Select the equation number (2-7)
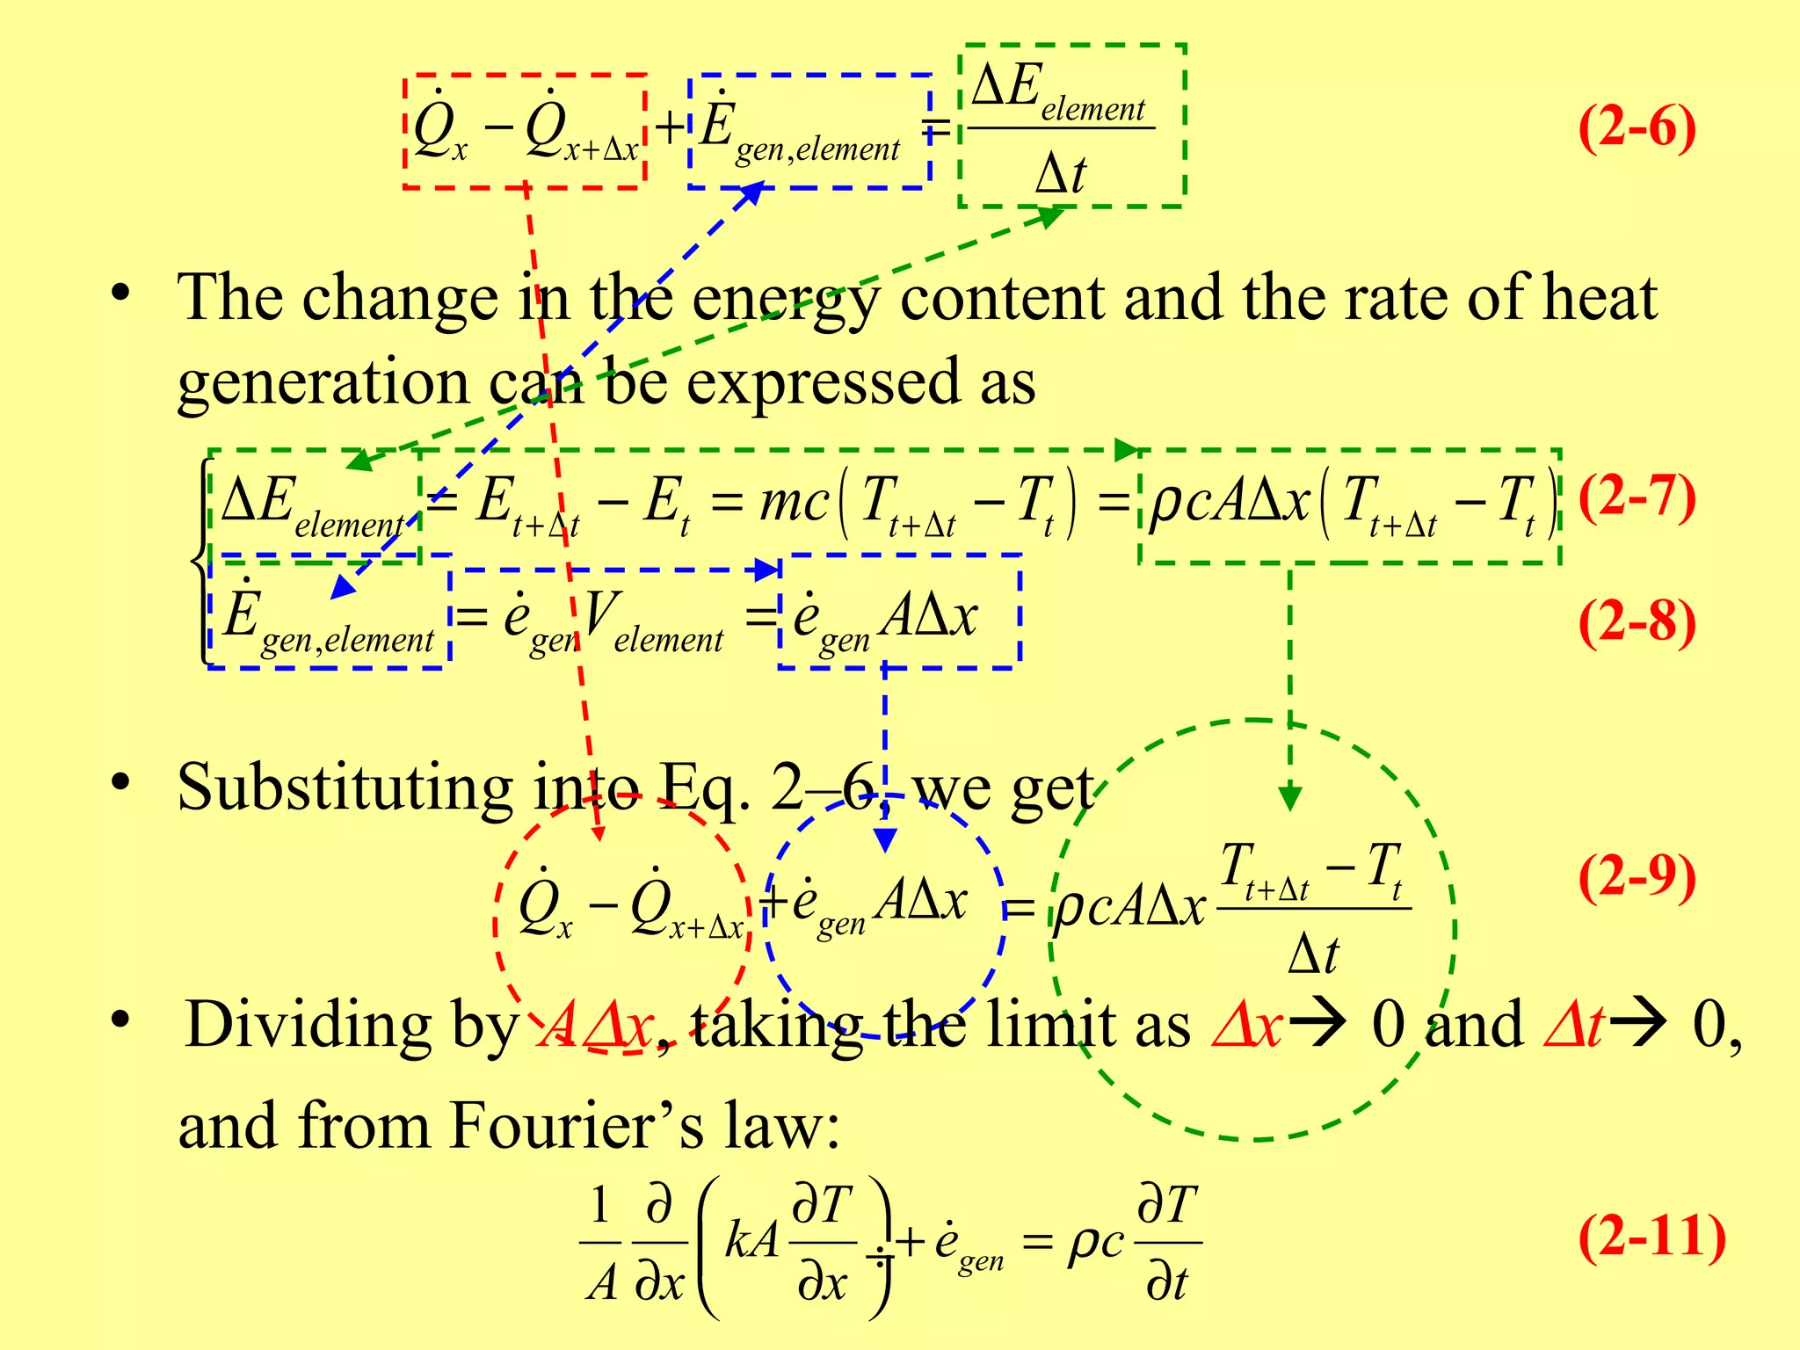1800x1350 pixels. click(x=1637, y=497)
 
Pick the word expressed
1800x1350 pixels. click(x=823, y=383)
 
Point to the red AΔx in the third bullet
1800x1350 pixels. click(x=598, y=1025)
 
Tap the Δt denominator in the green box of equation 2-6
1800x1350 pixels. click(x=1061, y=173)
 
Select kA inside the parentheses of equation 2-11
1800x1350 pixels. click(x=752, y=1241)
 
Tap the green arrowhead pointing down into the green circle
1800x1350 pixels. click(x=1289, y=798)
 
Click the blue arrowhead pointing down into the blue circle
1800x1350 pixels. click(x=885, y=839)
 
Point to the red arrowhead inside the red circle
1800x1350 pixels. click(x=599, y=831)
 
